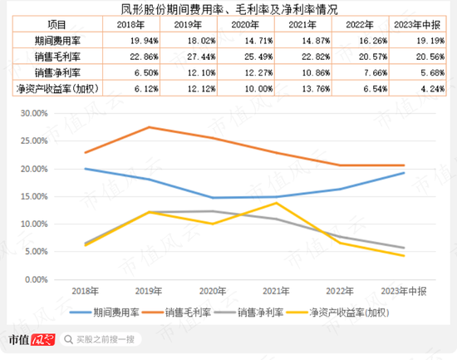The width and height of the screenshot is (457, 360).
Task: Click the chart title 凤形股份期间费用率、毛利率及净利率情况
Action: [228, 9]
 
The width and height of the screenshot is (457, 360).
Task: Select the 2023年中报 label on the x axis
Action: [404, 291]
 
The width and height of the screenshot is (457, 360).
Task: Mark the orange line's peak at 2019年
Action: [148, 127]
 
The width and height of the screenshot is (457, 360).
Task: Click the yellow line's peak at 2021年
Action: [276, 203]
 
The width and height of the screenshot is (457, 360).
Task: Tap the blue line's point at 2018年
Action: [86, 169]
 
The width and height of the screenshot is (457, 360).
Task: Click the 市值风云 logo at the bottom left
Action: [32, 339]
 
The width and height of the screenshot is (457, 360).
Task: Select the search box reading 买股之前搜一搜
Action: [103, 339]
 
